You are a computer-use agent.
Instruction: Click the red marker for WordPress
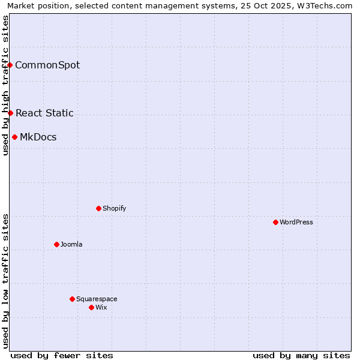pos(275,222)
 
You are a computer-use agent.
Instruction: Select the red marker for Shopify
pos(98,208)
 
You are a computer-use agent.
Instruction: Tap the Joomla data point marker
pos(56,244)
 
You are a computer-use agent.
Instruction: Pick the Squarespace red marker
pos(72,299)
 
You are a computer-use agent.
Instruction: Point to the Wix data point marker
pos(91,307)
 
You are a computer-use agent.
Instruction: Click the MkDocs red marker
pos(14,137)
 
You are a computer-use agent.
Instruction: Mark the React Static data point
pos(10,113)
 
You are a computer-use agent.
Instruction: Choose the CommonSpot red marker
pos(10,65)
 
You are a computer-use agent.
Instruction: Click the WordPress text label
pos(296,222)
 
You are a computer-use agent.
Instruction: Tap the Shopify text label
pos(114,208)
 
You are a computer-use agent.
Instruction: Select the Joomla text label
pos(71,244)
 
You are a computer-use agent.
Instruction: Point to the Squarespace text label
pos(97,299)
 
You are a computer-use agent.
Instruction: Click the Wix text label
pos(101,307)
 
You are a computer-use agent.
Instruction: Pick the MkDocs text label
pos(38,137)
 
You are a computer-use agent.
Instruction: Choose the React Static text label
pos(44,113)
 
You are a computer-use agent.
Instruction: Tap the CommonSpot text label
pos(47,65)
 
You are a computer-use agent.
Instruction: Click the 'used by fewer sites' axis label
pos(62,355)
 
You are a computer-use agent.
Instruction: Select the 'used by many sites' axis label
pos(301,355)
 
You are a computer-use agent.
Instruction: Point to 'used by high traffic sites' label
pos(5,85)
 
